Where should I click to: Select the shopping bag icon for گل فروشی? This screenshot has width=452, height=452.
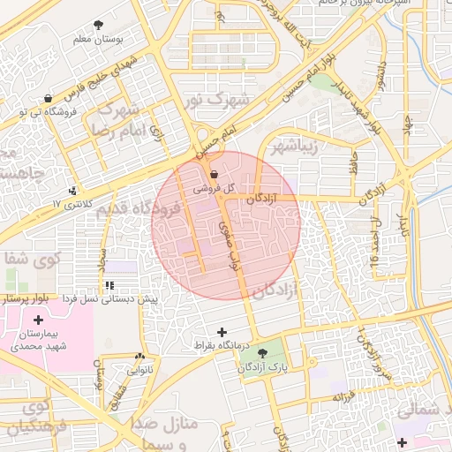214,175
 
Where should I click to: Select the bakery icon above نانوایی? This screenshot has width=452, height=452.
139,357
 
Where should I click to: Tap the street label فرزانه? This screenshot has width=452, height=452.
345,396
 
